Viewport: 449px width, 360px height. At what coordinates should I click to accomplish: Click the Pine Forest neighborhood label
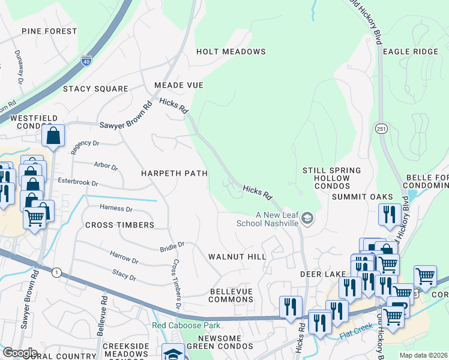(x=49, y=31)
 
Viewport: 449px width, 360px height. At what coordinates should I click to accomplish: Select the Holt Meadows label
(x=231, y=52)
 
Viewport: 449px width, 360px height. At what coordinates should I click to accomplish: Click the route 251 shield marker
(x=382, y=129)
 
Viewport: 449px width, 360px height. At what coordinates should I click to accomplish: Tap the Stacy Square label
(x=95, y=89)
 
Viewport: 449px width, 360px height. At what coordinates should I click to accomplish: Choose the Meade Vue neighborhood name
(x=179, y=86)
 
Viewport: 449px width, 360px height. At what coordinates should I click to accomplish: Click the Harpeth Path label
(x=174, y=173)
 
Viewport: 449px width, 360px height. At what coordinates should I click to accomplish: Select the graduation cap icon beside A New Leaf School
(x=308, y=217)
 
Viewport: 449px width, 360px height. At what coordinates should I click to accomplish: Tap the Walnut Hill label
(x=237, y=257)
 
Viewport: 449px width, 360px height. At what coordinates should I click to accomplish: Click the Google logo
(x=19, y=352)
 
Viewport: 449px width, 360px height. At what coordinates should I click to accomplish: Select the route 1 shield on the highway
(x=56, y=273)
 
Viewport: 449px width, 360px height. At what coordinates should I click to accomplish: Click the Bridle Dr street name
(x=172, y=247)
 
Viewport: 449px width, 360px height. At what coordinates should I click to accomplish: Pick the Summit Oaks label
(x=362, y=197)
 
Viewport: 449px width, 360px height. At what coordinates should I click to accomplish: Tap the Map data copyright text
(x=423, y=355)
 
